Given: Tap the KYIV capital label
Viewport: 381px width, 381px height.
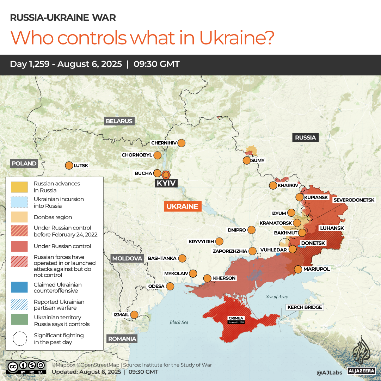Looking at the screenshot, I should pyautogui.click(x=166, y=183).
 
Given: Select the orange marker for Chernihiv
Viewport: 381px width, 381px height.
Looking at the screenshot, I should pyautogui.click(x=181, y=143).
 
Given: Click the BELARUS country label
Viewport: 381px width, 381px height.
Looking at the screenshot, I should pyautogui.click(x=119, y=121).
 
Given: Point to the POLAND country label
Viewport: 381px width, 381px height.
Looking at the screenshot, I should pyautogui.click(x=24, y=164).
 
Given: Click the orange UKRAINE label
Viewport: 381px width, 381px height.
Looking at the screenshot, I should pyautogui.click(x=183, y=207).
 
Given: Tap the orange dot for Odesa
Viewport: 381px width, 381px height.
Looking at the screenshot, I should pyautogui.click(x=170, y=286).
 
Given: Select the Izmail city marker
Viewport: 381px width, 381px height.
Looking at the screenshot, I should pyautogui.click(x=134, y=314).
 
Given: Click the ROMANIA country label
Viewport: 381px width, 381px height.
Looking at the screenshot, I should pyautogui.click(x=122, y=339).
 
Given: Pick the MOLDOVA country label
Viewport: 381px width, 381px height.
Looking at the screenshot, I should pyautogui.click(x=127, y=258).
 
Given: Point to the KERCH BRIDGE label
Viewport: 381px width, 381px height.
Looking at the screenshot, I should pyautogui.click(x=305, y=307).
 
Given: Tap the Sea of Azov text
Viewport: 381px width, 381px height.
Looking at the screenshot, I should pyautogui.click(x=277, y=297).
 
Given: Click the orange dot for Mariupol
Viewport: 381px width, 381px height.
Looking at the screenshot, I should pyautogui.click(x=298, y=269).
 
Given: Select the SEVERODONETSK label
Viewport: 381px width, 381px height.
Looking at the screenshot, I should pyautogui.click(x=354, y=200).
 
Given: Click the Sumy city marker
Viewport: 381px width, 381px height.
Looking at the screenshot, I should pyautogui.click(x=246, y=161).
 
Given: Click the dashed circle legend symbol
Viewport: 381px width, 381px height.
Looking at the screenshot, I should pyautogui.click(x=19, y=338).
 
